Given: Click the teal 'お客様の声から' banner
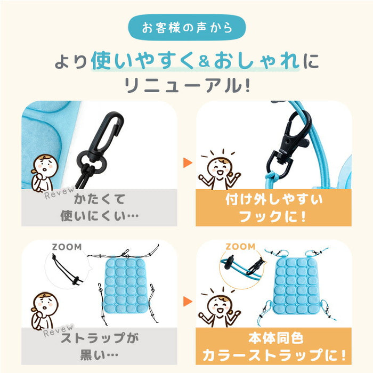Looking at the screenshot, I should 186,28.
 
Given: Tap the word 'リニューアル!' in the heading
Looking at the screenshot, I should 186,85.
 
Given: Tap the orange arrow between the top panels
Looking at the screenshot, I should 186,163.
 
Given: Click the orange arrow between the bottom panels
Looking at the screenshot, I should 186,302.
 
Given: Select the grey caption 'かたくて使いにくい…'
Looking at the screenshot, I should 99,208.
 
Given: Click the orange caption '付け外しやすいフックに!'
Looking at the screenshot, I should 273,208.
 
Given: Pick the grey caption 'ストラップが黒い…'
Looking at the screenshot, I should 99,347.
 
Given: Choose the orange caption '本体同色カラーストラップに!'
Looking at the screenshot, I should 273,347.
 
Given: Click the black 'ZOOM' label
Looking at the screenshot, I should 67,247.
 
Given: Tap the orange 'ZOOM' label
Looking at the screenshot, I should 240,247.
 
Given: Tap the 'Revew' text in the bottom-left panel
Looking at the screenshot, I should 56,331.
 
